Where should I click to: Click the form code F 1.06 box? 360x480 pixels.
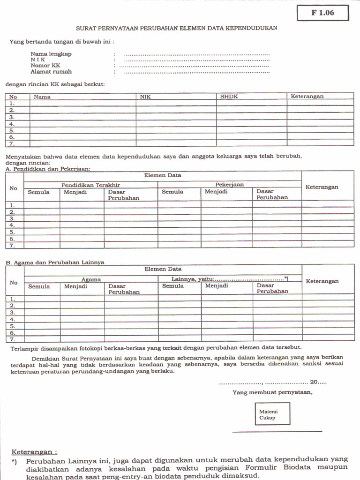(322, 13)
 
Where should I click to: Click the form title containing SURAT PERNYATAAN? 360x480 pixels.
(177, 28)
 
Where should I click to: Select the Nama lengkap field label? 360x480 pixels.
(51, 54)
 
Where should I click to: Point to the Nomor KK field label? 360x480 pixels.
(45, 66)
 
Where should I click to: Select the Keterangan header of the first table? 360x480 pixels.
(307, 96)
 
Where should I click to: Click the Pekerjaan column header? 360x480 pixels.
(229, 185)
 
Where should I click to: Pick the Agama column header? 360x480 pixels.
(91, 279)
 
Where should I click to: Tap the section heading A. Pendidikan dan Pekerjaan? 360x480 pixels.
(48, 168)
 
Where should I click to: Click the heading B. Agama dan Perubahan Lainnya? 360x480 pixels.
(55, 262)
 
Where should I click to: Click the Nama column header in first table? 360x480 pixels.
(42, 97)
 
